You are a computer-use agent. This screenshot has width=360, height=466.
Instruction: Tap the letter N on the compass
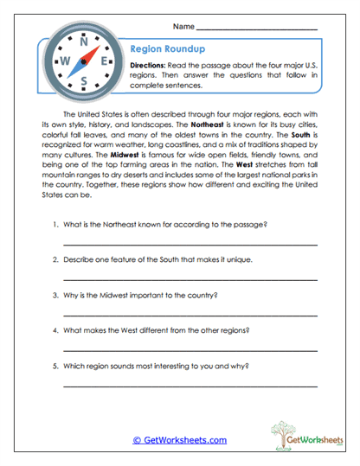pos(84,41)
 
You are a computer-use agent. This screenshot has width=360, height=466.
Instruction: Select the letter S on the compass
pos(84,82)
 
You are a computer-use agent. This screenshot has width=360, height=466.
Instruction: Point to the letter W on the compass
pos(62,61)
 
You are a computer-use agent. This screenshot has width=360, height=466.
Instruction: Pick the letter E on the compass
pos(105,61)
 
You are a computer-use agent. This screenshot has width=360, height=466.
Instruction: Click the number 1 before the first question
pos(55,226)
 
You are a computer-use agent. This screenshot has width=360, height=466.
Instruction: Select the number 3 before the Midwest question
pos(55,293)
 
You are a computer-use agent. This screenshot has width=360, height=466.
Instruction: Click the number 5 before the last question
pos(55,366)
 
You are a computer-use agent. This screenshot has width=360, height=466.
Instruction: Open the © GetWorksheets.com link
pos(179,439)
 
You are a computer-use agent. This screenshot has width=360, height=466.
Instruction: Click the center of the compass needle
pos(84,61)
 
